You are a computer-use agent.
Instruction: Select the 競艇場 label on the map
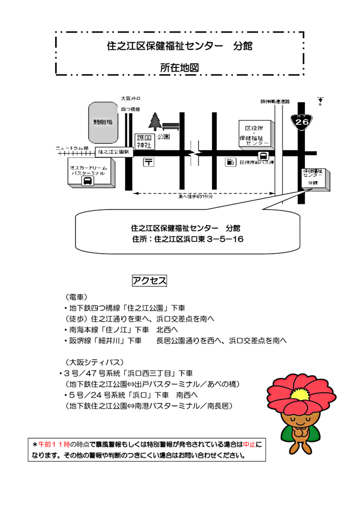pyautogui.click(x=103, y=122)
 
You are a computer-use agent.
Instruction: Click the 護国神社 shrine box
pyautogui.click(x=144, y=142)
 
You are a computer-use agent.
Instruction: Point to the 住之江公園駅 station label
pyautogui.click(x=114, y=152)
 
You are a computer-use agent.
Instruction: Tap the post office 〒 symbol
pyautogui.click(x=149, y=162)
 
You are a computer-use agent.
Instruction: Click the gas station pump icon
pyautogui.click(x=230, y=162)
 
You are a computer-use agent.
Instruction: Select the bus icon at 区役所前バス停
pyautogui.click(x=264, y=156)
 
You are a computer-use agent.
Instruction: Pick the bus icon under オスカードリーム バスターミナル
pyautogui.click(x=87, y=181)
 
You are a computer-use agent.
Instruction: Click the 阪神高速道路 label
pyautogui.click(x=275, y=102)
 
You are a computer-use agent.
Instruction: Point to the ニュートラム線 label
pyautogui.click(x=72, y=148)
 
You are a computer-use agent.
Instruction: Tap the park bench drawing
pyautogui.click(x=171, y=126)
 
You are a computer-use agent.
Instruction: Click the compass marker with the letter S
pyautogui.click(x=320, y=101)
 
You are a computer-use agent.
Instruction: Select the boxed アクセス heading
pyautogui.click(x=149, y=281)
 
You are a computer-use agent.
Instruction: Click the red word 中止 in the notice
pyautogui.click(x=249, y=445)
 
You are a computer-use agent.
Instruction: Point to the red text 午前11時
pyautogui.click(x=54, y=445)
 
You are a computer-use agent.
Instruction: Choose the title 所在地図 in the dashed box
pyautogui.click(x=179, y=68)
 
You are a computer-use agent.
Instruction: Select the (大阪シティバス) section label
pyautogui.click(x=95, y=362)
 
